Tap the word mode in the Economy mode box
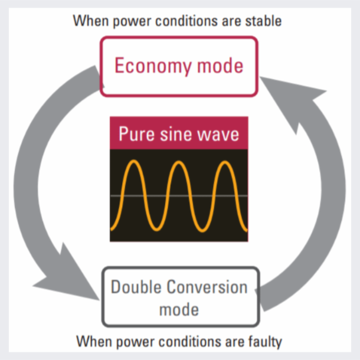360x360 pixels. pyautogui.click(x=217, y=66)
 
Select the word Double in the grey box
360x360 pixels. pyautogui.click(x=138, y=288)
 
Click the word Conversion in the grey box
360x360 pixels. pyautogui.click(x=209, y=288)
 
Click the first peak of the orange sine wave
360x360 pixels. pyautogui.click(x=133, y=162)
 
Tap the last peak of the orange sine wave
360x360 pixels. pyautogui.click(x=224, y=162)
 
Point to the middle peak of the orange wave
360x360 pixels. pyautogui.click(x=179, y=162)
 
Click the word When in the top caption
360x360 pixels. pyautogui.click(x=88, y=21)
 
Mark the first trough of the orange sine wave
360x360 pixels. pyautogui.click(x=156, y=228)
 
